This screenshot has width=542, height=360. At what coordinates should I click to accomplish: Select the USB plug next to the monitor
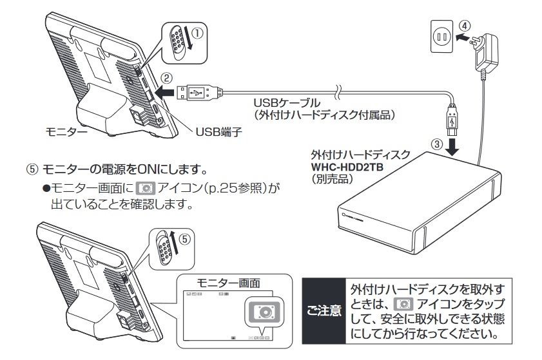click(x=202, y=94)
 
